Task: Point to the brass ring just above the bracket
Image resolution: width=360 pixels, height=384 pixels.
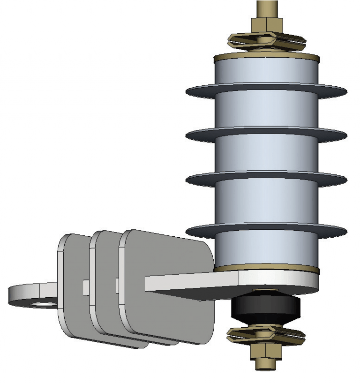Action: click(x=266, y=270)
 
